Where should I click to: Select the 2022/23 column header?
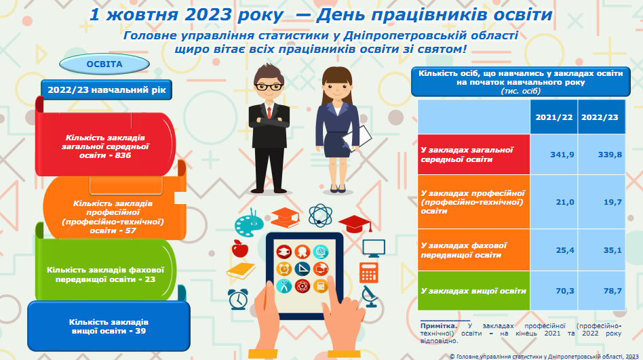point(600,117)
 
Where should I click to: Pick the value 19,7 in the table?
point(612,202)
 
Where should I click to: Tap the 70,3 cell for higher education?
point(565,291)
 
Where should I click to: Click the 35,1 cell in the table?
point(612,250)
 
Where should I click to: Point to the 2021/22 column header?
point(554,117)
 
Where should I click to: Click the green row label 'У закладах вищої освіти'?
point(473,291)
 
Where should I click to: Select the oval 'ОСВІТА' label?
point(104,64)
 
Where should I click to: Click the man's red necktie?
point(269,112)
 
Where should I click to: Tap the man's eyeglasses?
point(269,87)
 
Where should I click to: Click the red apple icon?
point(240,248)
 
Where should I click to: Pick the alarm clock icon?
point(238,299)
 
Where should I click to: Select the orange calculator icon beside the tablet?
point(369,273)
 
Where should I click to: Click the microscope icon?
point(369,296)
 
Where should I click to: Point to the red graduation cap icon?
point(355,224)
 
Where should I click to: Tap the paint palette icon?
point(249,224)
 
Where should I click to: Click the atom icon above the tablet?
point(320,216)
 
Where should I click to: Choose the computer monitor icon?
point(374,248)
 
